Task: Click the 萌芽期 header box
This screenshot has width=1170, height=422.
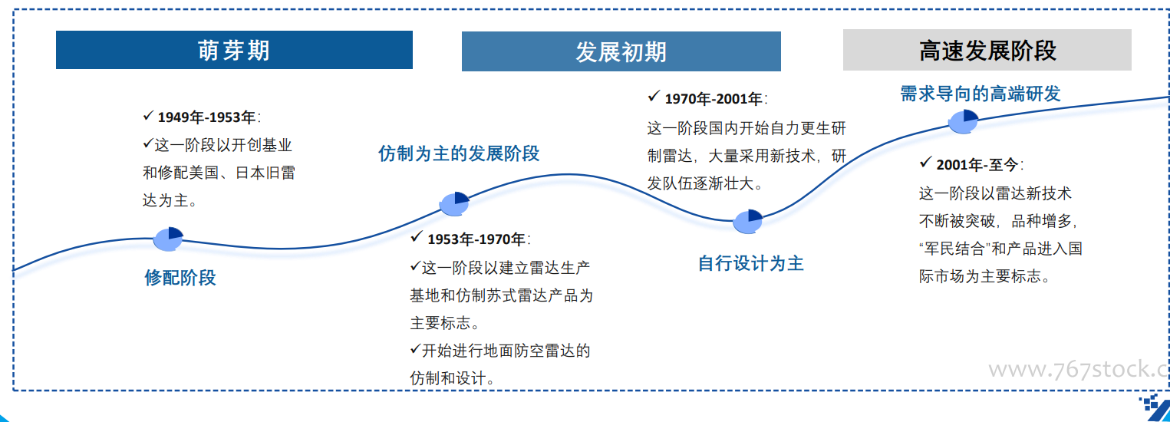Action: (x=234, y=50)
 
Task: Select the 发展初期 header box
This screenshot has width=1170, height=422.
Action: (x=621, y=51)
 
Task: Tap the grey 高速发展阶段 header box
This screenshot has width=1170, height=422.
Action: (x=987, y=50)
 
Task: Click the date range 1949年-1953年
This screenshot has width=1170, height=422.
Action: (x=206, y=117)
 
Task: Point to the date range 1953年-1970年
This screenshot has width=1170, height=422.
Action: (x=476, y=239)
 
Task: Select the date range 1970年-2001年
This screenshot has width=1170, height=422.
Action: (x=713, y=98)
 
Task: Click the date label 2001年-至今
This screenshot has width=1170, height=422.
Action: (x=977, y=164)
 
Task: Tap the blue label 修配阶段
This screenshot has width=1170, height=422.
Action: (x=180, y=277)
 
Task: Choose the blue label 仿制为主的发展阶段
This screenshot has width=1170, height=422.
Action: (x=459, y=153)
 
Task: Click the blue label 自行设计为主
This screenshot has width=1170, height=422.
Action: (x=750, y=263)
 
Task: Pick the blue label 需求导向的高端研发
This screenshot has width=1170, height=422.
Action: (x=980, y=94)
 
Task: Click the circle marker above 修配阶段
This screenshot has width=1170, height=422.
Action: (x=168, y=239)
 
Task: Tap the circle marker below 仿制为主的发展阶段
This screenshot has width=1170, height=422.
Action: (x=454, y=203)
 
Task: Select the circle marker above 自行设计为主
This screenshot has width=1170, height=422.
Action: (x=747, y=222)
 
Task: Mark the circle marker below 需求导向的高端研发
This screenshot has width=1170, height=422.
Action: (x=963, y=122)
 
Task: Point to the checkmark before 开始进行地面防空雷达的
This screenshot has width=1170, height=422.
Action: (x=415, y=348)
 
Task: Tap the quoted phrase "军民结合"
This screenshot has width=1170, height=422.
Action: (x=955, y=249)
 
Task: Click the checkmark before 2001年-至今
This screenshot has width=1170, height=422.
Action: (x=925, y=163)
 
